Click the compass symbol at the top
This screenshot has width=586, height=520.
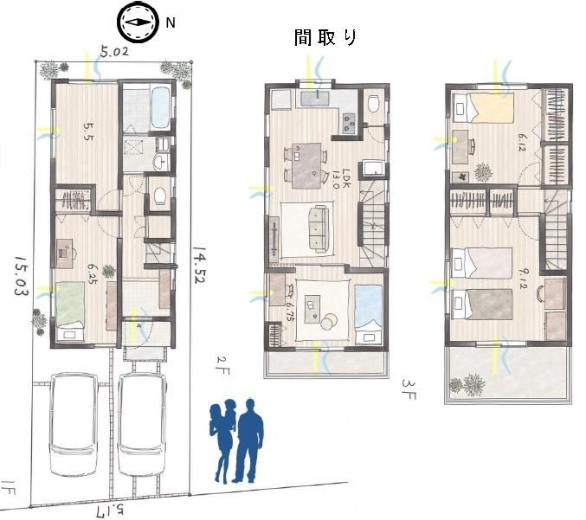point(137,22)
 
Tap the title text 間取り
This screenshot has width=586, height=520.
point(325,37)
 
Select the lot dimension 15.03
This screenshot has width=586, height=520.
point(22,276)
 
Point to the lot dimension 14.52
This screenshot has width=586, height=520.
point(199,264)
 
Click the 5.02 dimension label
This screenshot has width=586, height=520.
point(114,51)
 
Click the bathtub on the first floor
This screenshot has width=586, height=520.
point(161,106)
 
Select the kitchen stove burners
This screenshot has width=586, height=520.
point(350,121)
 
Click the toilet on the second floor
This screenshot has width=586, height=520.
point(373,103)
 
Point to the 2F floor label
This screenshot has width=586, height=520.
point(223,365)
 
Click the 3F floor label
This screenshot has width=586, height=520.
point(408,388)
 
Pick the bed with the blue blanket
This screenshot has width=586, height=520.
point(368,314)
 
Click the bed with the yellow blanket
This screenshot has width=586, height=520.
point(483,107)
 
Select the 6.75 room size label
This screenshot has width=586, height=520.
point(289,312)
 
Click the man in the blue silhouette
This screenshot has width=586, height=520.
point(248,440)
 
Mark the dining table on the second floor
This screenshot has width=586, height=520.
point(306,165)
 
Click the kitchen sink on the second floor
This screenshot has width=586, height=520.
point(315,99)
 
